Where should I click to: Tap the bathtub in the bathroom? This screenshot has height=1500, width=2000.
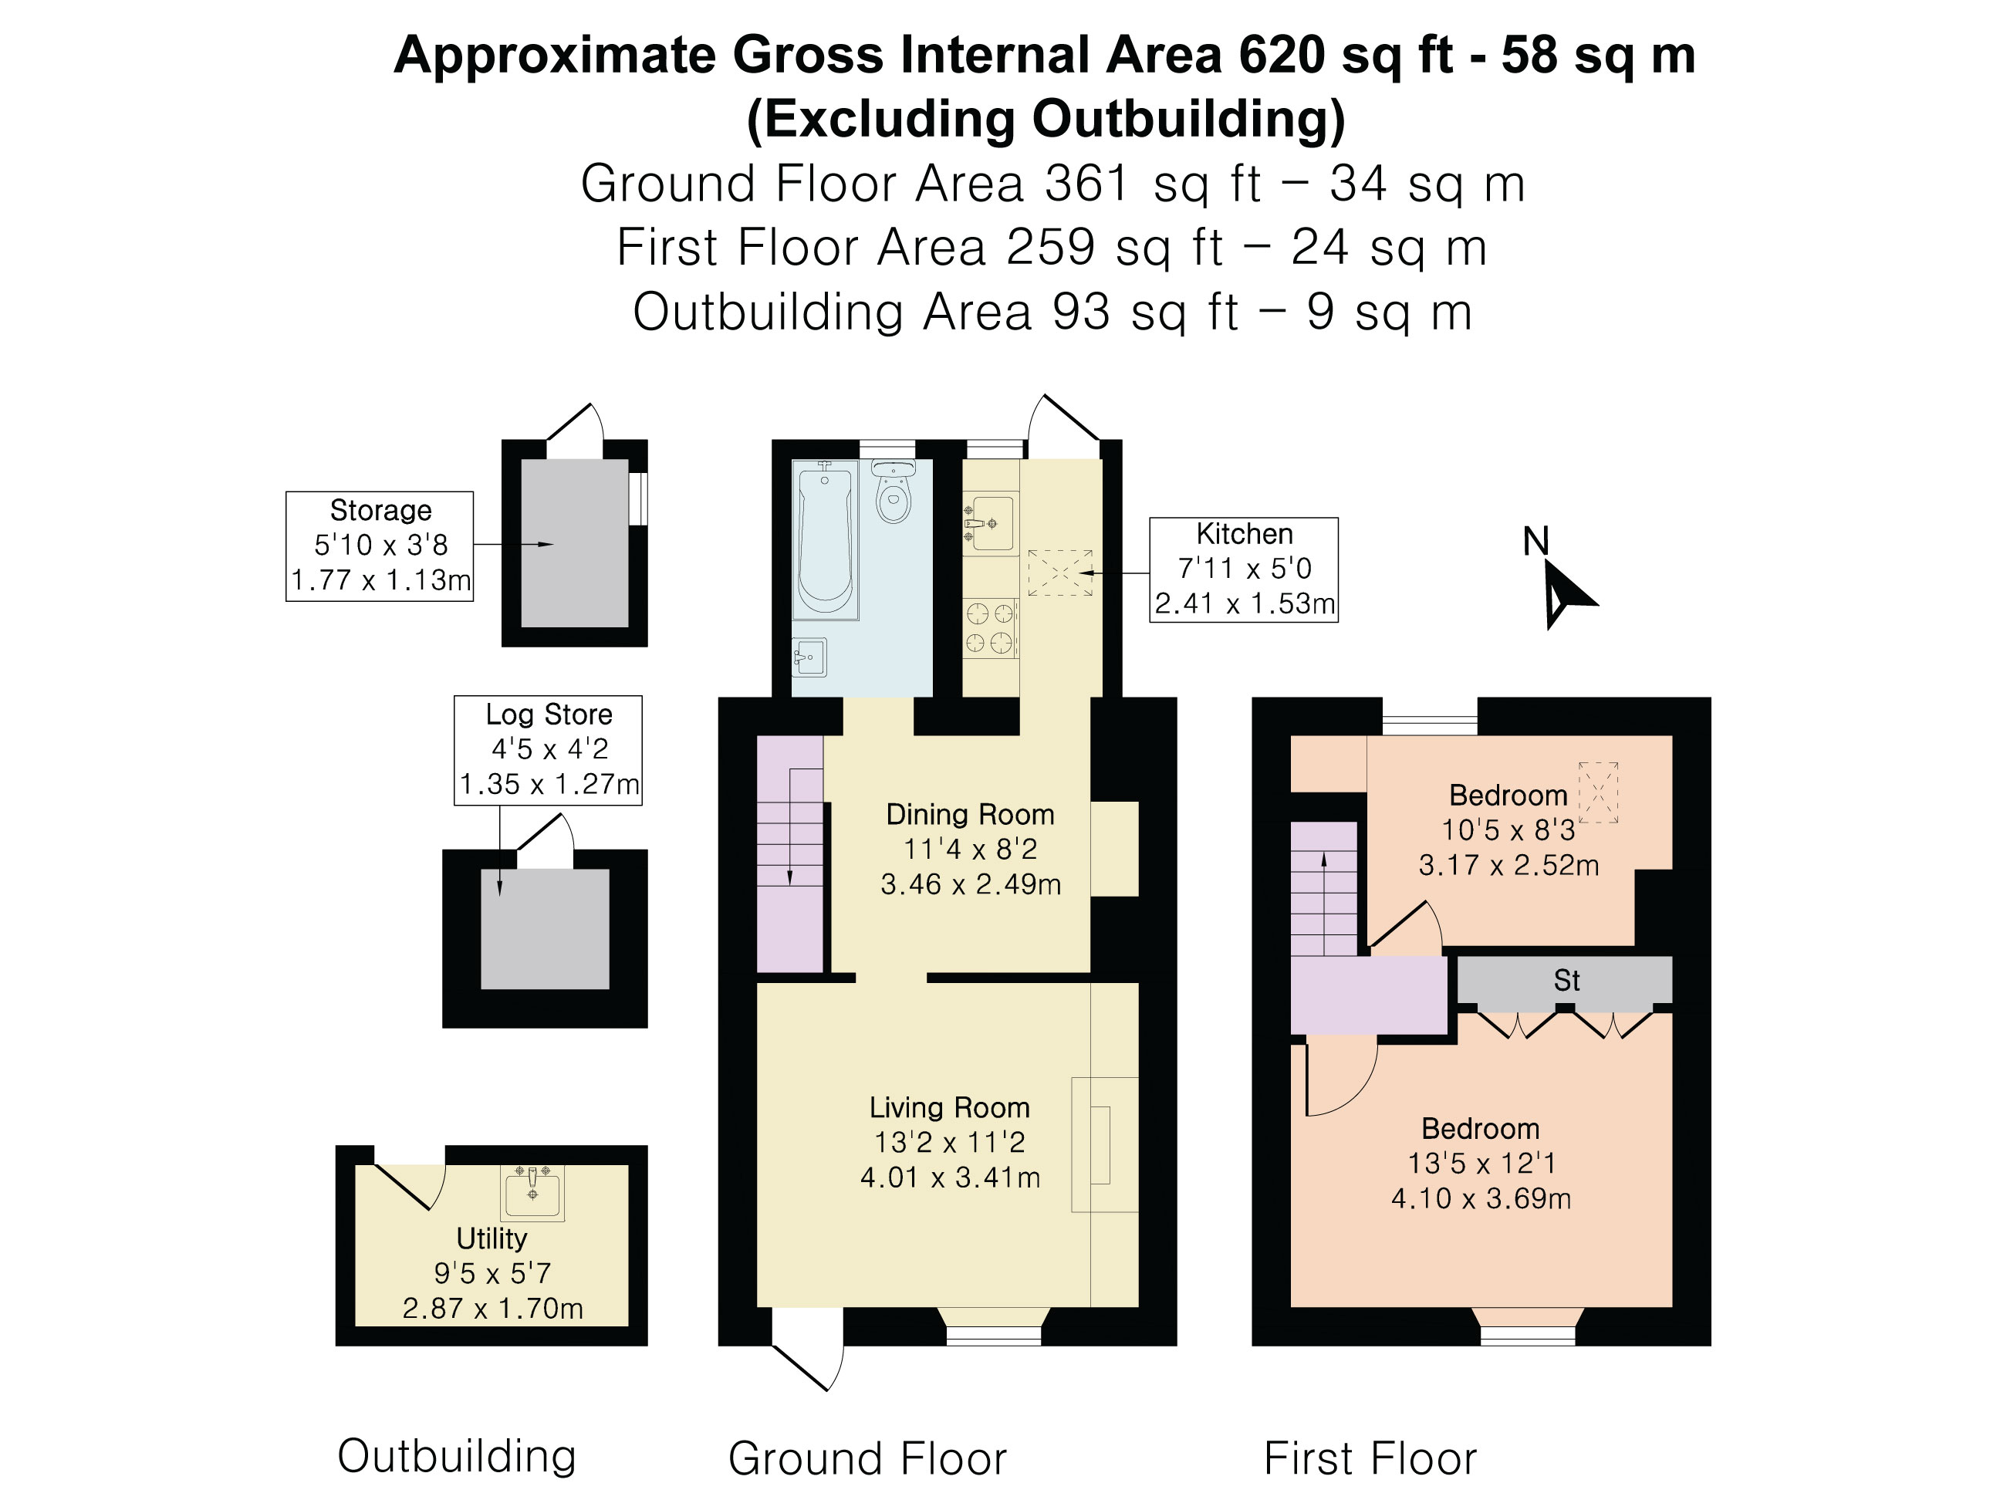[825, 540]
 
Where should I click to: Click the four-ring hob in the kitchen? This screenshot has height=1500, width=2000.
[990, 628]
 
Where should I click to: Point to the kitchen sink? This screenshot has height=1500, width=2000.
[990, 522]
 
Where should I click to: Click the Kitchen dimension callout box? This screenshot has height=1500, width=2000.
[1243, 569]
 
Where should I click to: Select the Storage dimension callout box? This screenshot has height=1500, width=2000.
[380, 546]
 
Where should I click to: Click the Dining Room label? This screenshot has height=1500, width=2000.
[970, 815]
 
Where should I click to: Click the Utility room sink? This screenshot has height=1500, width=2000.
[532, 1193]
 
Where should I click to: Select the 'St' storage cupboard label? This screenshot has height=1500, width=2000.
[1566, 980]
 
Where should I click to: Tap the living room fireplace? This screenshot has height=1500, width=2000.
[1104, 1144]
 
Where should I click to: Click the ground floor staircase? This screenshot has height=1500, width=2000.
[789, 854]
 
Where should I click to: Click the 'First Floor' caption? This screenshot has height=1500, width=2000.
[1370, 1458]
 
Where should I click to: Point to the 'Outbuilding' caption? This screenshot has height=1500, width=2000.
[457, 1457]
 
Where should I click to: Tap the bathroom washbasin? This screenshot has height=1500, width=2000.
[809, 657]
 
